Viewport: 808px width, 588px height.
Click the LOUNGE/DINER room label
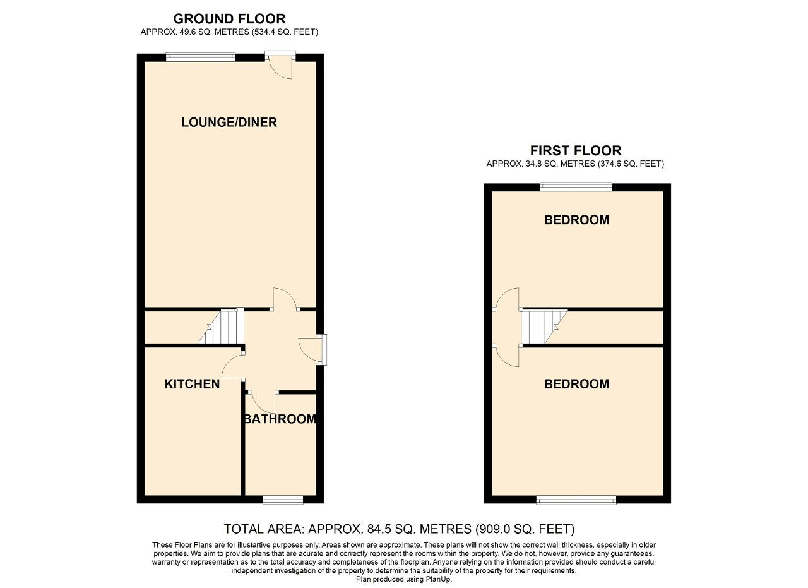(229, 123)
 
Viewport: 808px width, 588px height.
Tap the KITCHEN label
(192, 384)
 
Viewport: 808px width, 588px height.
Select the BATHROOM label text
(280, 419)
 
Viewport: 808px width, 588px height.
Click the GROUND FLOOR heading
(229, 19)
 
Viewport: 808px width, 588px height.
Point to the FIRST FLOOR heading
(576, 151)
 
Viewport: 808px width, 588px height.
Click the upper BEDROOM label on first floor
(576, 220)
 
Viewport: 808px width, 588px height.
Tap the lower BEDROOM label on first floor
(576, 384)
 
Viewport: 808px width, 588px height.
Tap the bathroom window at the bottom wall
(283, 500)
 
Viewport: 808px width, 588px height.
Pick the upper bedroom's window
(576, 187)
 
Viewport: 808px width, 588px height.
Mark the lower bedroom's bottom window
(576, 500)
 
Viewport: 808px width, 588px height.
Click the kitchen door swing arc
(232, 366)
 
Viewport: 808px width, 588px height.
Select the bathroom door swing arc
(261, 401)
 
